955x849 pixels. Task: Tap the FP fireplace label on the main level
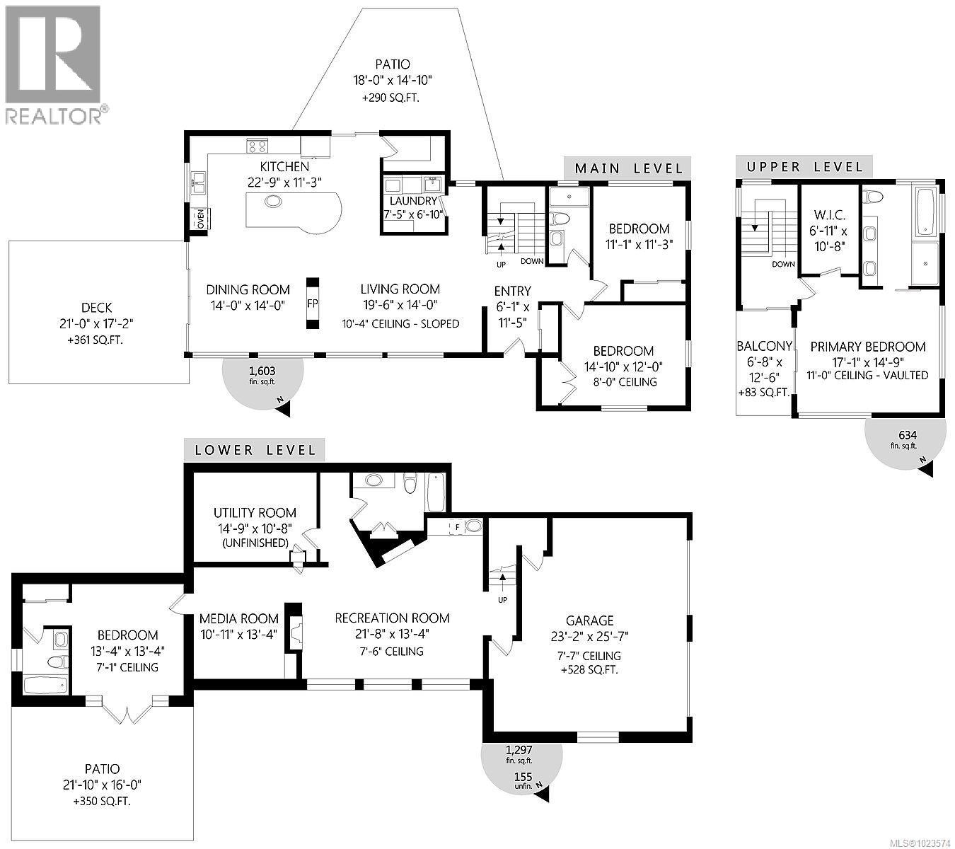(312, 302)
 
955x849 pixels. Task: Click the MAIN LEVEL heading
(628, 168)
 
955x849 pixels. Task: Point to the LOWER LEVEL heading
(254, 449)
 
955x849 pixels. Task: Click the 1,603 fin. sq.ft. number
(262, 370)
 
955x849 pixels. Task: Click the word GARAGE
(589, 620)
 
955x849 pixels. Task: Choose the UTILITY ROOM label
(255, 513)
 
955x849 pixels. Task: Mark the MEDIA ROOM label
(238, 618)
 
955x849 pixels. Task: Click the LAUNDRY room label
(412, 201)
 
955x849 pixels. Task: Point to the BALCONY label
(764, 346)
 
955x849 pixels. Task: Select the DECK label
(96, 307)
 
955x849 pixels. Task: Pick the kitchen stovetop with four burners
(257, 146)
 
